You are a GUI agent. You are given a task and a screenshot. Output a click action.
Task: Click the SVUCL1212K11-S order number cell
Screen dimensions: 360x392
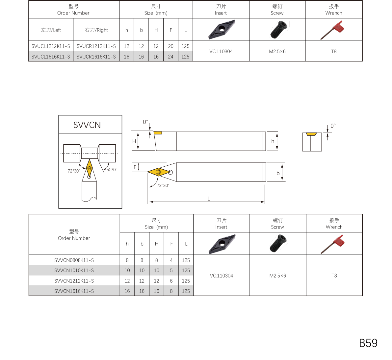click(51, 46)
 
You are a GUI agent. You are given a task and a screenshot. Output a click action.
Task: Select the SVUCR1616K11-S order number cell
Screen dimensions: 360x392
click(96, 57)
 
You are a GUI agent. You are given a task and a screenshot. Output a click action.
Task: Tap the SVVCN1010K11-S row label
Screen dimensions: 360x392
click(74, 271)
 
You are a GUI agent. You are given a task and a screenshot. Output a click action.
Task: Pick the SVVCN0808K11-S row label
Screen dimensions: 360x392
click(74, 260)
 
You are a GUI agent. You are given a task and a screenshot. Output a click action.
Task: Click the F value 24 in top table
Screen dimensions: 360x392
click(170, 57)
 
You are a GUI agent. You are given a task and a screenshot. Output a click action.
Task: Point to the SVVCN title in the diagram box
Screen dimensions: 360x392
click(87, 125)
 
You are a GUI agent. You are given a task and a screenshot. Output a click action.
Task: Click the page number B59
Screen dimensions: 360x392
click(368, 343)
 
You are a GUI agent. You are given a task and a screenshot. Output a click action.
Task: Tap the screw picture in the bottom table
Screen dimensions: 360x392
click(277, 244)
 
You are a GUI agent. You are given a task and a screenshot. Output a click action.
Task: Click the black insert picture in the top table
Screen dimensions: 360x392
click(222, 30)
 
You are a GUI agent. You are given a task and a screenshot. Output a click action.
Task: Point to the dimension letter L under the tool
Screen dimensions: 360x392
click(209, 199)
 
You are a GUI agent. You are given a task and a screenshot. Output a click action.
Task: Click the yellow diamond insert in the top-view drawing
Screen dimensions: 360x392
click(159, 172)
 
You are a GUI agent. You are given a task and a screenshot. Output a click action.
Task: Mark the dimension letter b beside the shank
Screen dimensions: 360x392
click(278, 173)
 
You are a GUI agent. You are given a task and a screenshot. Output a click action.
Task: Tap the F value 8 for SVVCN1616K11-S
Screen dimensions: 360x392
click(171, 291)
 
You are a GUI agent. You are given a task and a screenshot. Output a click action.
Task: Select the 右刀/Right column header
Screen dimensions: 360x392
click(96, 30)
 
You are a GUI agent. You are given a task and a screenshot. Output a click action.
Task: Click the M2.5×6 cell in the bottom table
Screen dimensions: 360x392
click(277, 276)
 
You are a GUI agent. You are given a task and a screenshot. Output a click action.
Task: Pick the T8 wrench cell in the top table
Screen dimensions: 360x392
click(334, 51)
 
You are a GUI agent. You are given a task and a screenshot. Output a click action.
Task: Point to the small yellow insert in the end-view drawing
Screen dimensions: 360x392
click(311, 134)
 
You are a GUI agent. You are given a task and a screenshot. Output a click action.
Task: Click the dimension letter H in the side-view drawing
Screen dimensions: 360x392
click(134, 141)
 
